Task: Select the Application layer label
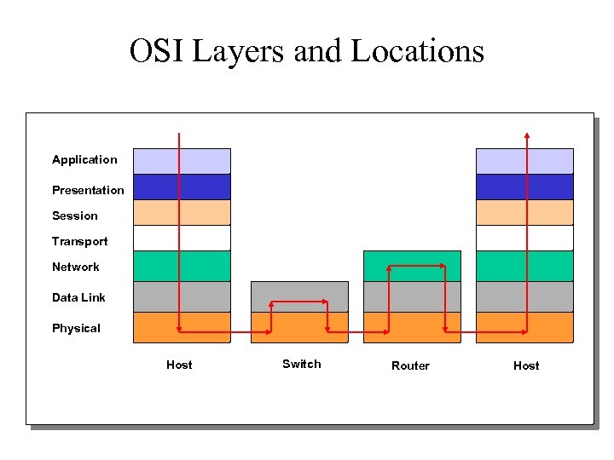(84, 159)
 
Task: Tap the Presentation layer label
(88, 190)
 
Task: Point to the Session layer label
(75, 216)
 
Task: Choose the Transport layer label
(80, 241)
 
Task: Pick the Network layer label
(76, 267)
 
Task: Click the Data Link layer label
(78, 297)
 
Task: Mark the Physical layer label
(76, 328)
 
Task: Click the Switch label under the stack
(302, 364)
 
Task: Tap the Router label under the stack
(410, 365)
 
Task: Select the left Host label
(179, 365)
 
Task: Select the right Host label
(526, 365)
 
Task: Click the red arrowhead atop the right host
(527, 135)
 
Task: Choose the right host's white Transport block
(503, 238)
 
